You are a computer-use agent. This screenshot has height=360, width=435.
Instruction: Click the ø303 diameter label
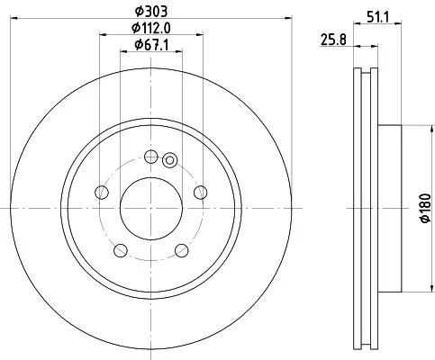(x=150, y=10)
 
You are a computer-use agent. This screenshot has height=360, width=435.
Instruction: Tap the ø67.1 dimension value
(x=150, y=44)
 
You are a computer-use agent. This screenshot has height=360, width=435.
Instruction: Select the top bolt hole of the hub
(x=150, y=155)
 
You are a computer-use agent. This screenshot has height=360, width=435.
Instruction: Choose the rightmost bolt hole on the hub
(x=200, y=191)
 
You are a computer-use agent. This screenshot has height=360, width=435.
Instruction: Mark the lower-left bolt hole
(x=120, y=248)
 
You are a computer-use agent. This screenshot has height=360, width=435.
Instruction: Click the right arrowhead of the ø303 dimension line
(x=289, y=18)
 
